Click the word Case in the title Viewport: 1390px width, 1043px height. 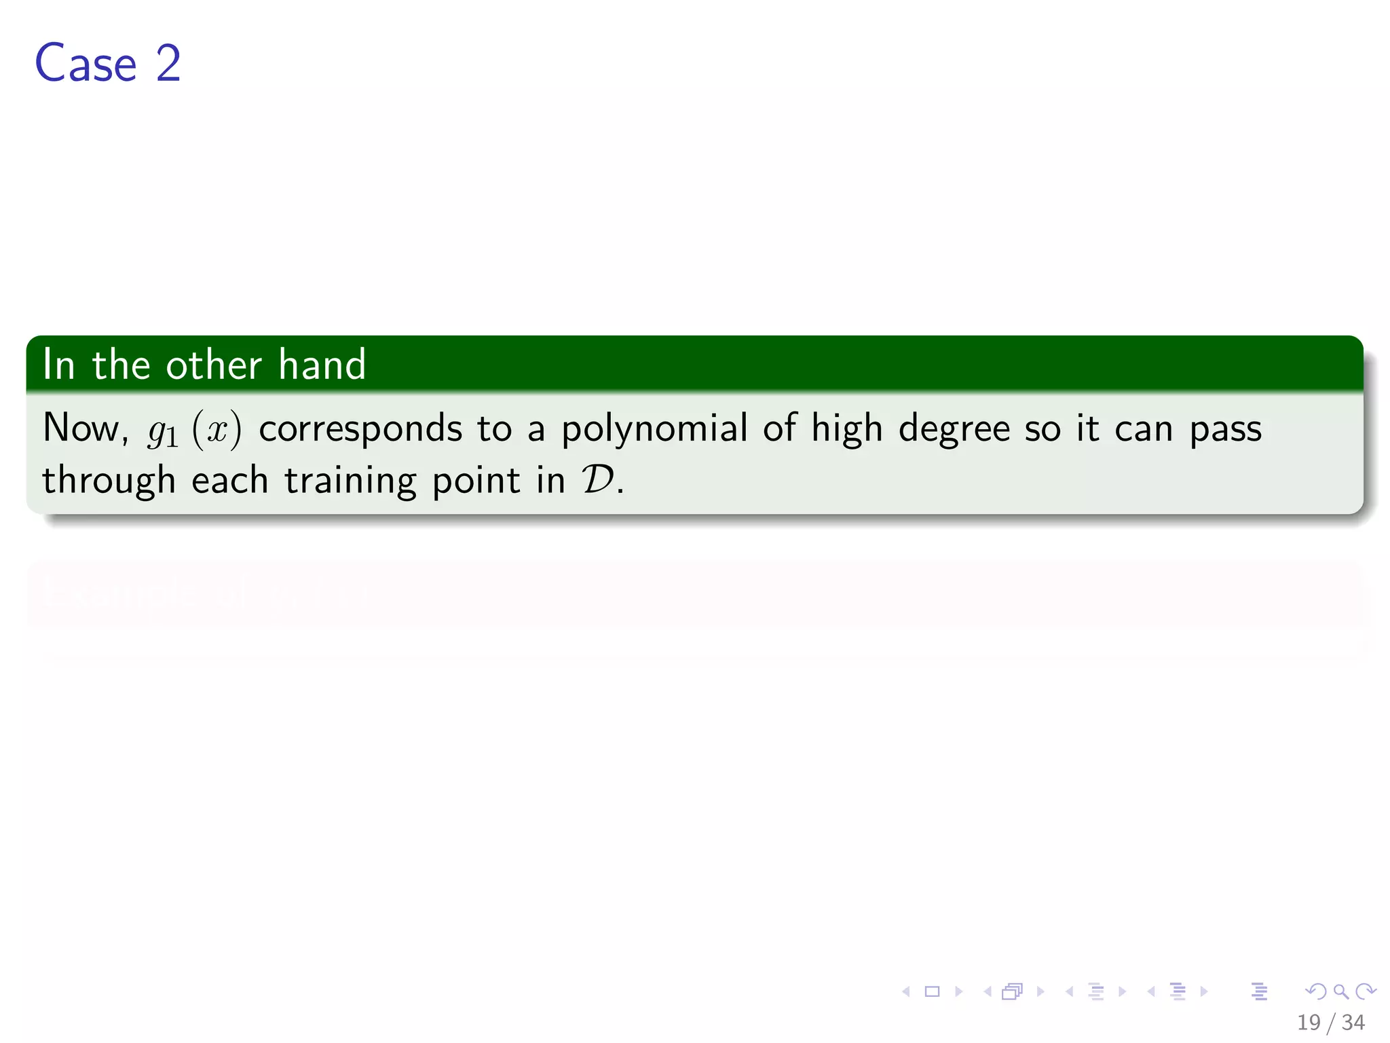tap(86, 63)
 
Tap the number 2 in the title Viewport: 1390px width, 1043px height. tap(168, 63)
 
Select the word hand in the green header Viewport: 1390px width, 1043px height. tap(322, 365)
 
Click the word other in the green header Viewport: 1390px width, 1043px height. tap(213, 365)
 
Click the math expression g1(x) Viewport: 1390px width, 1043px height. tap(194, 431)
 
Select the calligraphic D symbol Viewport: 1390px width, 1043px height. tap(598, 481)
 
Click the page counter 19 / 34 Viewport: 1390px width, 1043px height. tap(1330, 1022)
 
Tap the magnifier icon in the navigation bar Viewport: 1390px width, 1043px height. tap(1340, 991)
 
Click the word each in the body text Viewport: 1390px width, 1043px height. tap(230, 481)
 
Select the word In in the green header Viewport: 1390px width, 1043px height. tap(58, 365)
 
